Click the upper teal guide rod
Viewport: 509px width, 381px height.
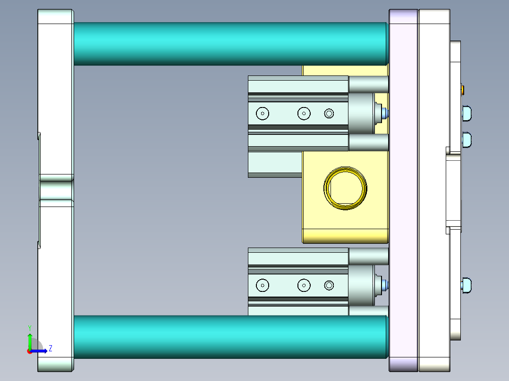230,43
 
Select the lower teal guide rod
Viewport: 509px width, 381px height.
230,337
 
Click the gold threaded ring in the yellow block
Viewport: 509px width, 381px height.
345,188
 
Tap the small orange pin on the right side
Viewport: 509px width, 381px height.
462,89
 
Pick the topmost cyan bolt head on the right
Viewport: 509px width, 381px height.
467,113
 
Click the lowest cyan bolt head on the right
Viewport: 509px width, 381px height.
467,285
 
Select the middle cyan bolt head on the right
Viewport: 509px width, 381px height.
467,140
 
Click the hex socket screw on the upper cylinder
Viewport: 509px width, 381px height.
329,113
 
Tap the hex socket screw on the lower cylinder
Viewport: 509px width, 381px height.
329,285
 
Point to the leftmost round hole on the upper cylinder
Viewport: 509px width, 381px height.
262,113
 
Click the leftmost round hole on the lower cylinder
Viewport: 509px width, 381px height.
262,285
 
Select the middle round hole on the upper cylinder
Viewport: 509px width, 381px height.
304,113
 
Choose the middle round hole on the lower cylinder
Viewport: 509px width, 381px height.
304,285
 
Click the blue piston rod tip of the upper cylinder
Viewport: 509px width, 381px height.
386,113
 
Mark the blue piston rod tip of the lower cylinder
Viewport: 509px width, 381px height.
386,285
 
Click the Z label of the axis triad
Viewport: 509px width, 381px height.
51,348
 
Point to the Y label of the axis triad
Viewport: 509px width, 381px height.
29,327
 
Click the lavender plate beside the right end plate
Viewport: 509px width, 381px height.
403,189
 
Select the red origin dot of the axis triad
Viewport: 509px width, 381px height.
30,351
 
